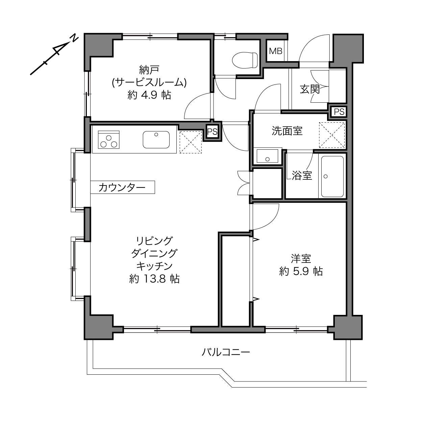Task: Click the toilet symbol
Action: [x=245, y=60]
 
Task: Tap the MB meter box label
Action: [x=275, y=51]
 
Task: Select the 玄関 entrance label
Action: [x=310, y=89]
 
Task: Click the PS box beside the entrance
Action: [x=339, y=112]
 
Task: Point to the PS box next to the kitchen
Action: [x=212, y=131]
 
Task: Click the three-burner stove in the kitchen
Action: [x=109, y=140]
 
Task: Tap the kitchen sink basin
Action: [x=156, y=140]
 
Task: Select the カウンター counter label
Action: [x=122, y=188]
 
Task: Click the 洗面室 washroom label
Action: [x=287, y=131]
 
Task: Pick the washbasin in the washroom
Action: [x=267, y=156]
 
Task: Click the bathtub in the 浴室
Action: [x=332, y=176]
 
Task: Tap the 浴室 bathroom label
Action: [x=302, y=175]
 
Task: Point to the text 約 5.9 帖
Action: [x=301, y=272]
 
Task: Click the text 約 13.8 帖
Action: [x=154, y=279]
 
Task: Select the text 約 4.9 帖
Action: [x=149, y=95]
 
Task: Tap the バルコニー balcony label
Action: [x=226, y=352]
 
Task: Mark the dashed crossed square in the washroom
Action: [x=332, y=135]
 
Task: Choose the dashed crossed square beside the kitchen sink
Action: [x=191, y=142]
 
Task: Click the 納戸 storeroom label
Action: [x=149, y=70]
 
